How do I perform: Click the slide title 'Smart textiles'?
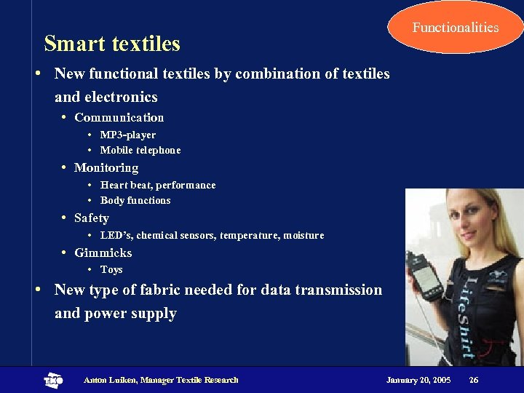click(112, 44)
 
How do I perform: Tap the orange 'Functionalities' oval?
click(456, 28)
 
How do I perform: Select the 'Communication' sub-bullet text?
click(119, 117)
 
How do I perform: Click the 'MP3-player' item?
click(127, 135)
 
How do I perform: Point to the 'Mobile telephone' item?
click(140, 150)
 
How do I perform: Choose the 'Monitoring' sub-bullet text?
click(106, 167)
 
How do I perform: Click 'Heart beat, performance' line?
click(157, 185)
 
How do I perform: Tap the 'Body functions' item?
click(135, 200)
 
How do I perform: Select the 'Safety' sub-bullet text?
click(91, 218)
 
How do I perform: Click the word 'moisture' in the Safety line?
click(303, 235)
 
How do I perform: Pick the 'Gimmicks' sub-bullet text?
click(103, 253)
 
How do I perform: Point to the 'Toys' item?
click(111, 269)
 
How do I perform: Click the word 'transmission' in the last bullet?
click(338, 290)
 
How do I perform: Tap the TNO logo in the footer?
click(53, 380)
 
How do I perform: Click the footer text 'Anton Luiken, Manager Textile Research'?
click(161, 380)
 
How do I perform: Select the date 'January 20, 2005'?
click(418, 380)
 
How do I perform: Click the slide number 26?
click(474, 380)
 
